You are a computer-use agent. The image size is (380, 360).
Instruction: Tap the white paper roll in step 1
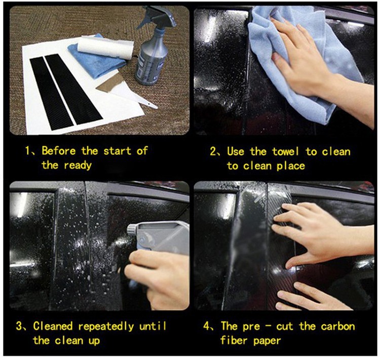[x=106, y=48]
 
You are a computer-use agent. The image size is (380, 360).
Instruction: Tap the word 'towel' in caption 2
[x=285, y=152]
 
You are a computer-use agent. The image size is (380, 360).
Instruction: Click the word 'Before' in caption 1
[x=59, y=151]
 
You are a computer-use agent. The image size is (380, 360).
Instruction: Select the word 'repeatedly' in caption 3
[x=106, y=327]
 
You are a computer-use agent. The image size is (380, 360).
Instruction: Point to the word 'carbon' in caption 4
[x=338, y=326]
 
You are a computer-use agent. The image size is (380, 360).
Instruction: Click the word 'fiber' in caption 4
[x=234, y=340]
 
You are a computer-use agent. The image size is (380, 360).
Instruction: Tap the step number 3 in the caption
[x=19, y=326]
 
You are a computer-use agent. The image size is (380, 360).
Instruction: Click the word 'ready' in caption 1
[x=78, y=166]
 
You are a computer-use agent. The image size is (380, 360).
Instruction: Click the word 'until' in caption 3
[x=153, y=326]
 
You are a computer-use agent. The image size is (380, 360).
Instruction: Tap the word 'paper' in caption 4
[x=267, y=341]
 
